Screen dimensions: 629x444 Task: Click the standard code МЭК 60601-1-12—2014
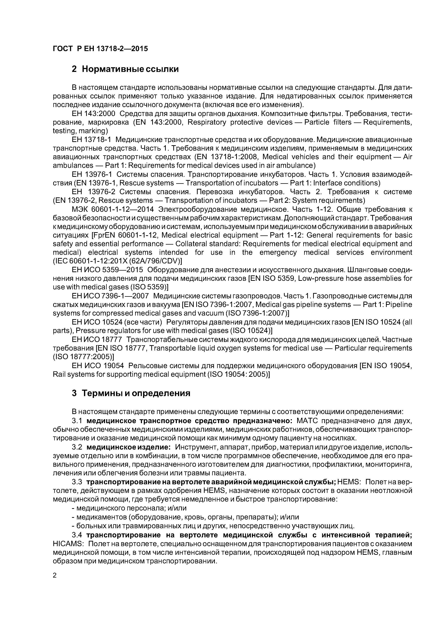point(115,210)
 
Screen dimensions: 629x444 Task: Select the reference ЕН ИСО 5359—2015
point(107,270)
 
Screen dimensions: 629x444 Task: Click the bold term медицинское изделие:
point(129,447)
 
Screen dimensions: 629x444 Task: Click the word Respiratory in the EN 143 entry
point(207,122)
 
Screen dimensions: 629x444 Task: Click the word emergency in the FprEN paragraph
point(278,252)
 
